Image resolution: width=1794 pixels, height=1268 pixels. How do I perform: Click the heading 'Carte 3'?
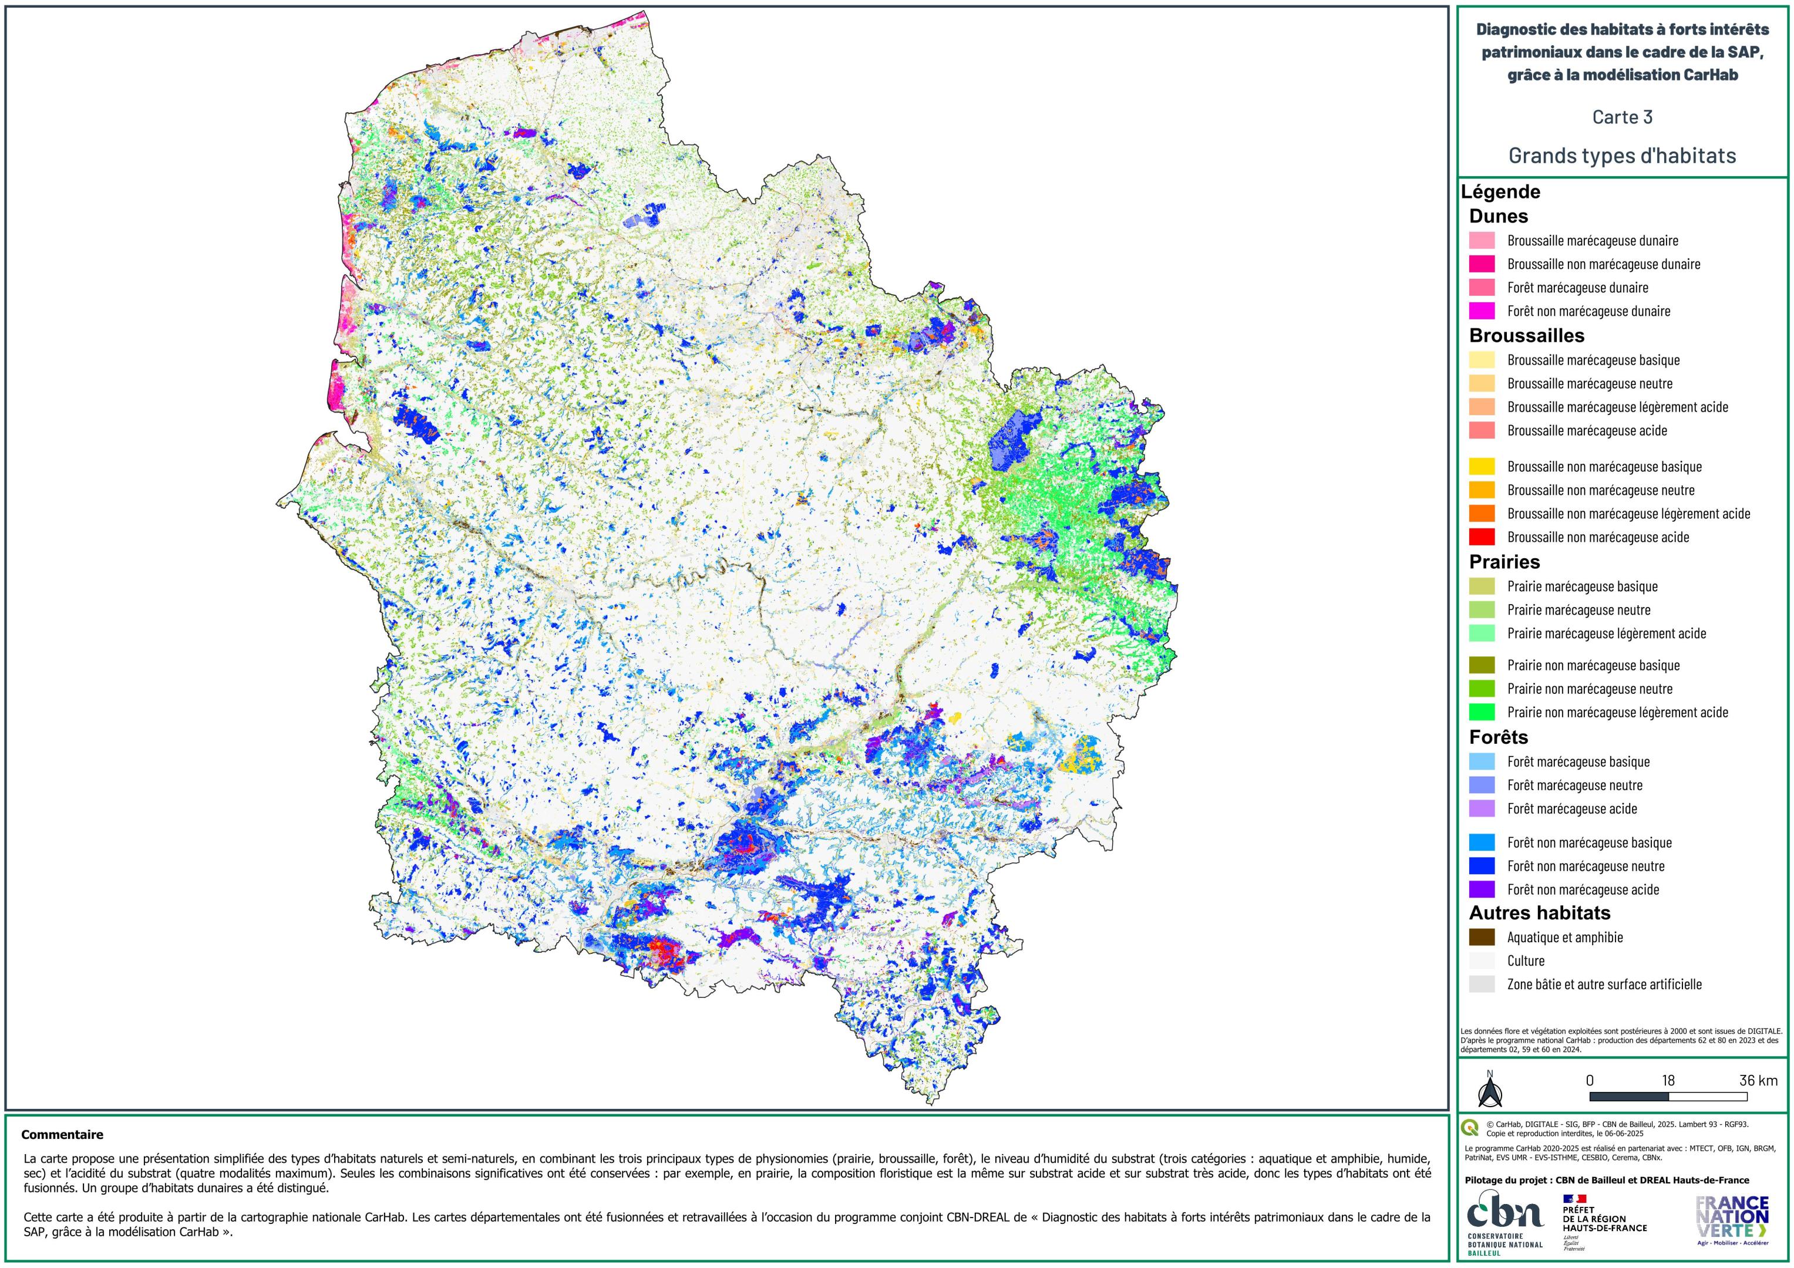tap(1622, 117)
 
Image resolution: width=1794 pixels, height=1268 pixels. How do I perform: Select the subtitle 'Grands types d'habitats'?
tap(1622, 156)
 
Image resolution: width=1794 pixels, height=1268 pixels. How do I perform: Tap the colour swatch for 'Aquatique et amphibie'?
tap(1482, 937)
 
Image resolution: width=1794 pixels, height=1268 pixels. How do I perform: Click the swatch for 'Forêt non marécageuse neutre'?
tap(1482, 866)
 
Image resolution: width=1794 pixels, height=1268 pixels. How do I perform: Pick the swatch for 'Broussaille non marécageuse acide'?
tap(1482, 537)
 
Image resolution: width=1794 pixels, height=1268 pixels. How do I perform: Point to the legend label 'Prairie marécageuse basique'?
tap(1582, 586)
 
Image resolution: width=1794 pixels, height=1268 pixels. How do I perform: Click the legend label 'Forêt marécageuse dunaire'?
tap(1577, 288)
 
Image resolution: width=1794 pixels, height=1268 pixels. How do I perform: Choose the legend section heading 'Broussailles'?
tap(1526, 336)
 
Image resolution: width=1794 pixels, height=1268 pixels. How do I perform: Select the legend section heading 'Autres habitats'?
tap(1539, 912)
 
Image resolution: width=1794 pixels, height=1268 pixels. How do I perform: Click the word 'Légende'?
tap(1500, 191)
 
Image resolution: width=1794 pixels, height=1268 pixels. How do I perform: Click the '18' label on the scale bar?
tap(1668, 1081)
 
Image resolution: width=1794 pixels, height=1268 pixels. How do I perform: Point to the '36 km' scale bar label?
tap(1758, 1081)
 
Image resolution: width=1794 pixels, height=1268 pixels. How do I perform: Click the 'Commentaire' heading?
tap(62, 1134)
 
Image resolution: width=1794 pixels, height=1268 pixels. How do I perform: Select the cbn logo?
tap(1504, 1223)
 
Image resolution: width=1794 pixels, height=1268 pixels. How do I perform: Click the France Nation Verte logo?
tap(1732, 1219)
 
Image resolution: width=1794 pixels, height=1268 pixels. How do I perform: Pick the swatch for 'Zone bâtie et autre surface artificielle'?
tap(1482, 984)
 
